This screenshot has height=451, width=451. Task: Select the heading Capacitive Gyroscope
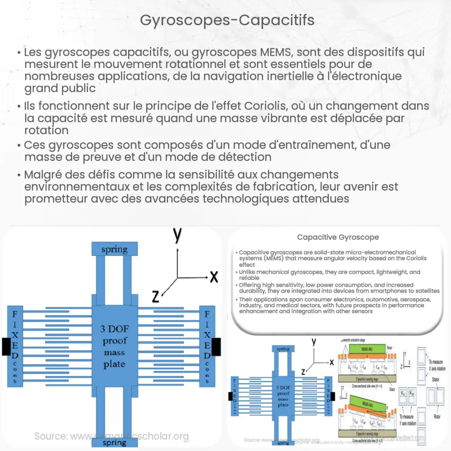(x=338, y=237)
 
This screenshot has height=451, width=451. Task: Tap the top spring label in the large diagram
(x=114, y=249)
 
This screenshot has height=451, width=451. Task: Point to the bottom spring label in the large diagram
(x=115, y=442)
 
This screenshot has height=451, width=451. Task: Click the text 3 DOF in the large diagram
(x=114, y=329)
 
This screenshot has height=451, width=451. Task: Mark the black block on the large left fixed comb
(x=6, y=346)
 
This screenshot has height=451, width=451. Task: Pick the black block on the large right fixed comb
(x=216, y=346)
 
